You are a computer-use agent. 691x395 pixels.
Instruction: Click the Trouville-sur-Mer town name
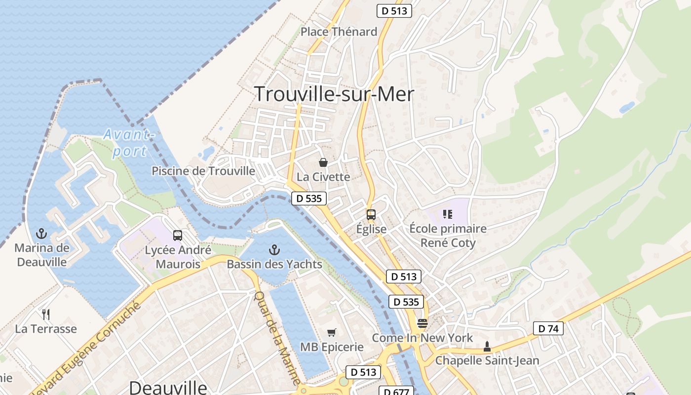[334, 94]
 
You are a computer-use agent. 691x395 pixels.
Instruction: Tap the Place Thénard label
[339, 32]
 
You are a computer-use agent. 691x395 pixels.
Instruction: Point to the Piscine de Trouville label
[203, 171]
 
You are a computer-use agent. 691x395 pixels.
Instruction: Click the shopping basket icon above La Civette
[323, 162]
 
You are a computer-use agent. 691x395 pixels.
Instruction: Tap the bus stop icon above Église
[371, 215]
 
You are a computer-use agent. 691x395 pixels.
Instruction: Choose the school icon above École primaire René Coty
[448, 214]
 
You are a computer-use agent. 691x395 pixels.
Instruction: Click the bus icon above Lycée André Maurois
[178, 236]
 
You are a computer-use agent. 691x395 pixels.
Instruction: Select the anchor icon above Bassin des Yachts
[274, 250]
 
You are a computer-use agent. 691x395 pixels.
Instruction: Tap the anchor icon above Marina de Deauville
[42, 233]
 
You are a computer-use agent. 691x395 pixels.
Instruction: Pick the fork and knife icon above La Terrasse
[46, 314]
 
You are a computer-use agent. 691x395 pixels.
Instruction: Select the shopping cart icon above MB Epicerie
[332, 333]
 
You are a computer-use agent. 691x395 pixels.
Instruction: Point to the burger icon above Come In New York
[422, 323]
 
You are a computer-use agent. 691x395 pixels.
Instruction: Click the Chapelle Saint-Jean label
[487, 360]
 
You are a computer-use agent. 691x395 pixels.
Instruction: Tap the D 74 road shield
[548, 328]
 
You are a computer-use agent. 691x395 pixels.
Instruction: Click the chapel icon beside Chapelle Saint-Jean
[487, 346]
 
